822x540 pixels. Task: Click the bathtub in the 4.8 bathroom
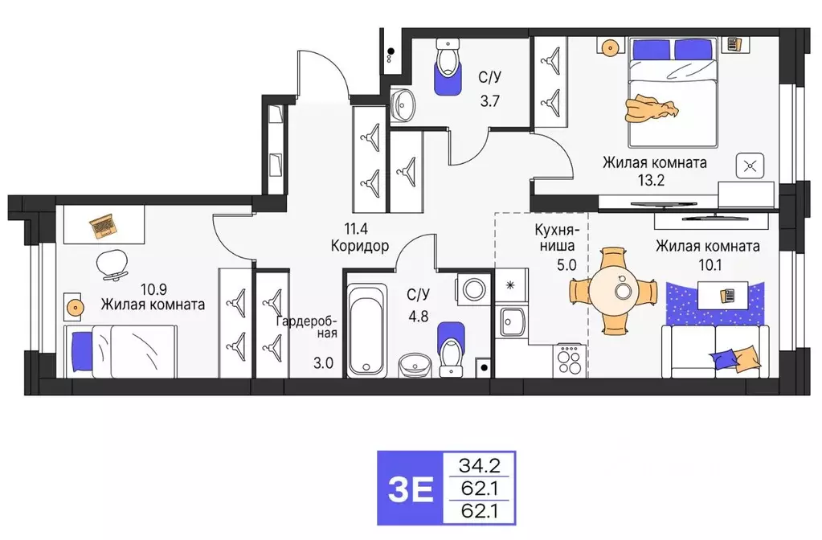coord(367,329)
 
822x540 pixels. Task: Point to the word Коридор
coord(359,247)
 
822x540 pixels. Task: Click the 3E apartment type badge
coord(409,489)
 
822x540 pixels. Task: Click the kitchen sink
coord(512,323)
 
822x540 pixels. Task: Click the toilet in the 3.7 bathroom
coord(447,64)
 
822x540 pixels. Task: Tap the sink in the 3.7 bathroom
coord(404,104)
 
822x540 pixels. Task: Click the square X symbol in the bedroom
coord(750,167)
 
